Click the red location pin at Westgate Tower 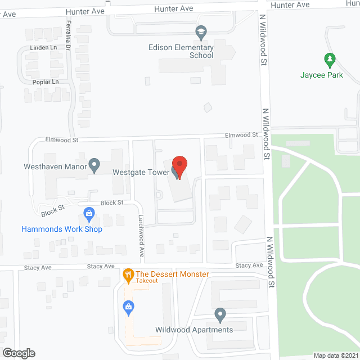(179, 166)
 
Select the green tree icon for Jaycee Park (330, 58)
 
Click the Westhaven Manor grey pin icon (94, 165)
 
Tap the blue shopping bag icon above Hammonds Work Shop (88, 213)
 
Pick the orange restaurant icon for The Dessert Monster (128, 274)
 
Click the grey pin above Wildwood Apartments (220, 314)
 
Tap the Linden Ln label (46, 47)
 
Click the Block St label (111, 202)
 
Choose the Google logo (18, 353)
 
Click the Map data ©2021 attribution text (335, 355)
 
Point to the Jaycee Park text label (322, 74)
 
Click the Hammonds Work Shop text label (62, 229)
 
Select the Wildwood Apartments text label (194, 330)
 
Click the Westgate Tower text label (141, 172)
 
